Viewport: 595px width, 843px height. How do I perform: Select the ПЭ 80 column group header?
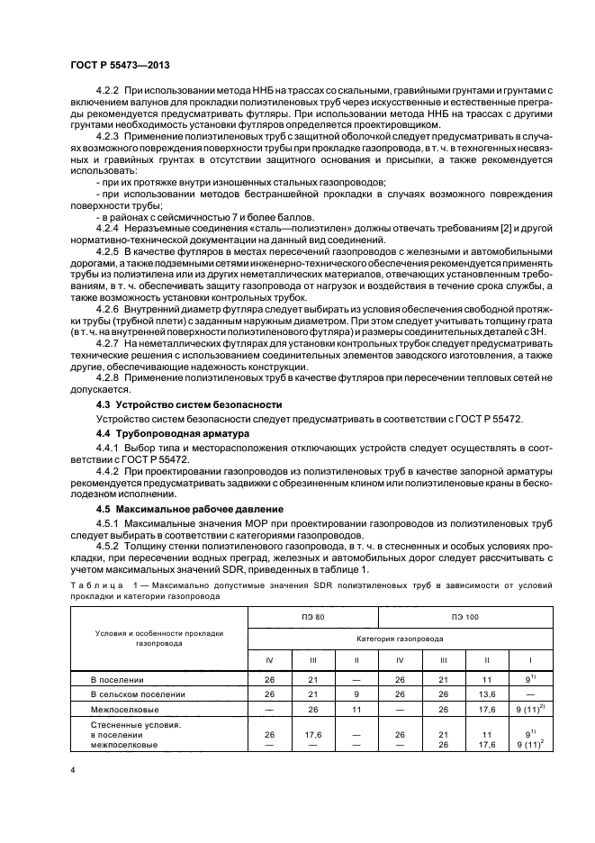point(313,617)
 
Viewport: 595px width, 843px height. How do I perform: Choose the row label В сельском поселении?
point(139,694)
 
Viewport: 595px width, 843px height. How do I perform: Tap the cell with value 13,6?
point(487,694)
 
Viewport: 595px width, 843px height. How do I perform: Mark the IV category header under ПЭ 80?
point(269,660)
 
